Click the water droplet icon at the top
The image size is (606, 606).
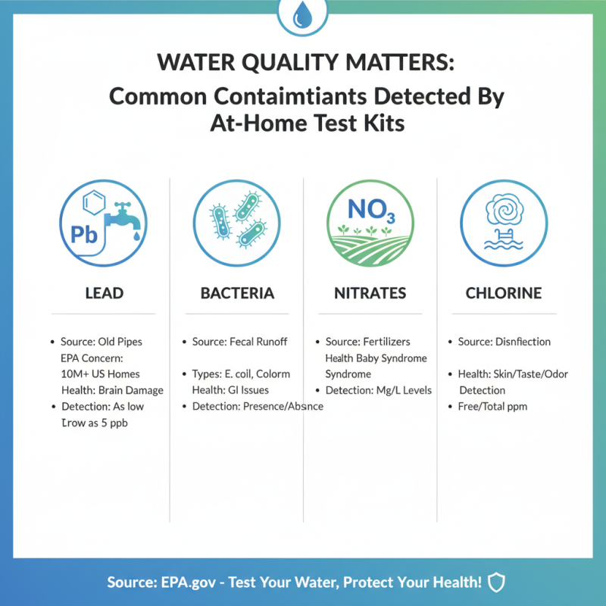[303, 14]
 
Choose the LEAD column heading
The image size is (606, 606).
[104, 292]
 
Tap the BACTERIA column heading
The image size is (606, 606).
[236, 292]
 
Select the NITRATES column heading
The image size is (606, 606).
[370, 292]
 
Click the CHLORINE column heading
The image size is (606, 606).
[503, 292]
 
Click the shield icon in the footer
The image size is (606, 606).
[496, 583]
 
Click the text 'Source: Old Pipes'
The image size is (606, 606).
[102, 342]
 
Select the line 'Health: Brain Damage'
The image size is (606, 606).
[112, 390]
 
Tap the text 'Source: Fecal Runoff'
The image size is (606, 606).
[240, 342]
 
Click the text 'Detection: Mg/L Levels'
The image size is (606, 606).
[378, 390]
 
